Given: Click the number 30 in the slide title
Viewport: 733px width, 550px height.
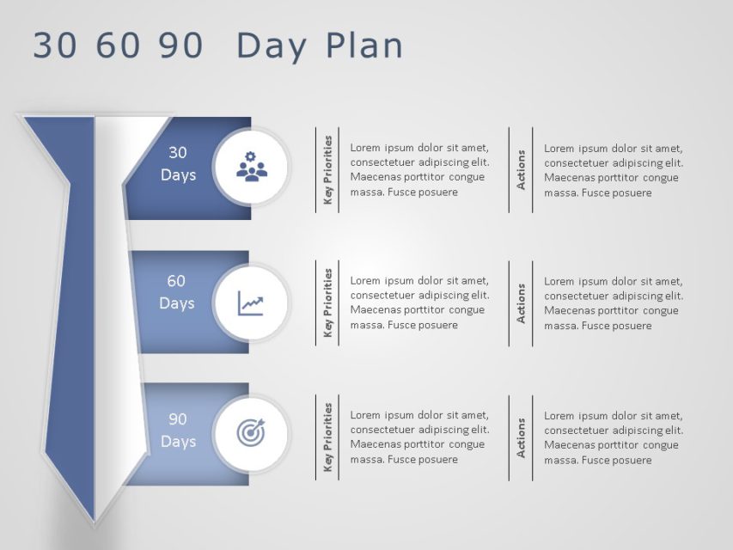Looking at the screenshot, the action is pos(54,46).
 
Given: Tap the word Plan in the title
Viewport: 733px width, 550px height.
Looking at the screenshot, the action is pos(363,46).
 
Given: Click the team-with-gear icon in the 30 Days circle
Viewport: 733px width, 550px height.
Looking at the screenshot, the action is pos(252,167).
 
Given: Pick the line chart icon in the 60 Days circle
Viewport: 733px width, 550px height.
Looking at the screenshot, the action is pos(251,303).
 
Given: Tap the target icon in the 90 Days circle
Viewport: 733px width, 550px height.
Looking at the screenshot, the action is pos(251,432).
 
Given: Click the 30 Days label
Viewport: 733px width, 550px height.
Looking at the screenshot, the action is pos(178,163).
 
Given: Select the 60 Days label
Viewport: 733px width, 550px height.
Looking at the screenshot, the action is pos(177,292).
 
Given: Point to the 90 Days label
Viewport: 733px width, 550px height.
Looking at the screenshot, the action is pos(178,431).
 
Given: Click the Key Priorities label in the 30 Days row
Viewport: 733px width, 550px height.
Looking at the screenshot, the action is pos(328,170).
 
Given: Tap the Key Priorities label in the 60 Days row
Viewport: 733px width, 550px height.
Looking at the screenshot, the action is pos(328,303).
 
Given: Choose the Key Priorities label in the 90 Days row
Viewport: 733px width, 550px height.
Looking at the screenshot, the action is pos(328,437).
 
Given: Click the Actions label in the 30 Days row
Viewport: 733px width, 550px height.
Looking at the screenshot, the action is pos(521,170).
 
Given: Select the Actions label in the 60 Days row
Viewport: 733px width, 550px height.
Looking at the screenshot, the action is pos(521,303).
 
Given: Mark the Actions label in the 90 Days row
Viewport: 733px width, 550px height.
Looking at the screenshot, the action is pos(521,437).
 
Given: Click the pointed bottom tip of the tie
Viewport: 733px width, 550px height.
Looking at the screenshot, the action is pos(95,522).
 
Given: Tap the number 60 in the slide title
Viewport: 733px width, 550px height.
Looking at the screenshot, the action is pos(118,46).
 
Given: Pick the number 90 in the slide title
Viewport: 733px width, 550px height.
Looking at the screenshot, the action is pos(180,46).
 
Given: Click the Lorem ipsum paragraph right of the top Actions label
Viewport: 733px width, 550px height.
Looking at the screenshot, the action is pos(614,171).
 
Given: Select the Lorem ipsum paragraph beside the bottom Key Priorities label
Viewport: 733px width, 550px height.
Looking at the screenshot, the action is pos(420,437).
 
